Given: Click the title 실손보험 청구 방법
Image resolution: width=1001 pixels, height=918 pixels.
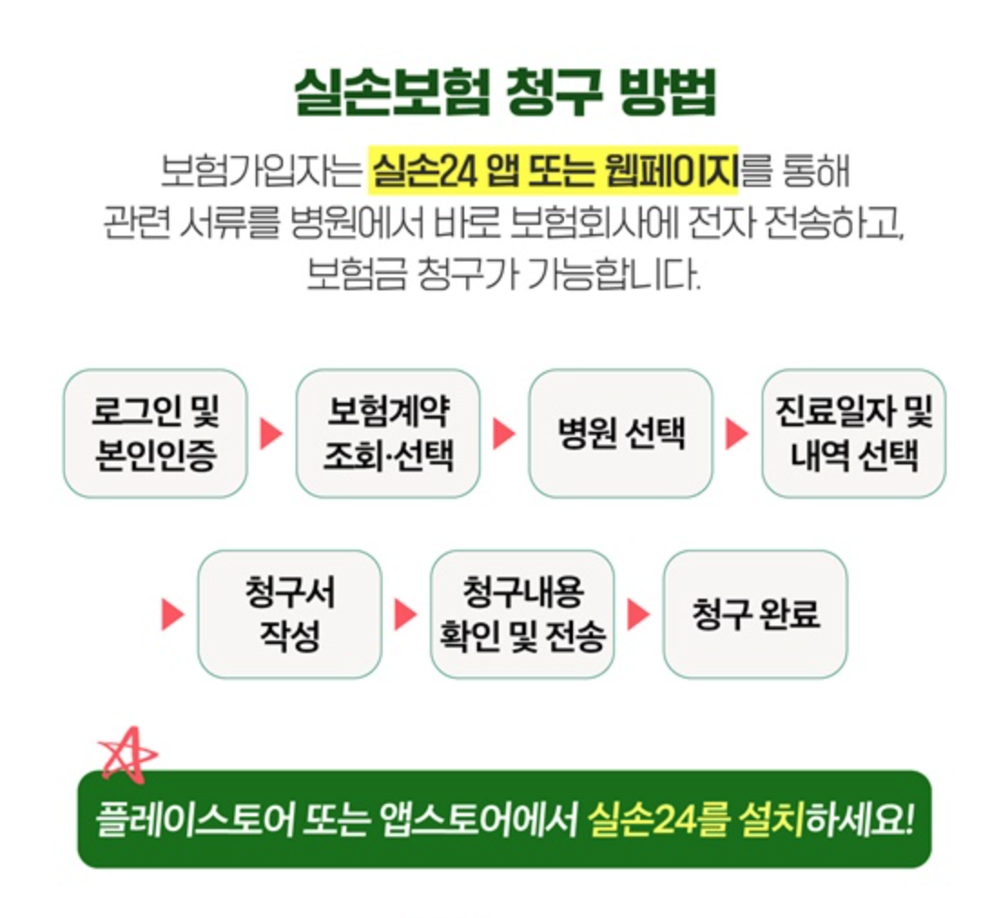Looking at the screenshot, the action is [505, 93].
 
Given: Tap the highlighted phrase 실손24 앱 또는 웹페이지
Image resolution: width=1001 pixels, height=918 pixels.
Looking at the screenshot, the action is [553, 171].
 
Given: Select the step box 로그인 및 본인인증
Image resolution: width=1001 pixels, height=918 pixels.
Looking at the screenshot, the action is [155, 434].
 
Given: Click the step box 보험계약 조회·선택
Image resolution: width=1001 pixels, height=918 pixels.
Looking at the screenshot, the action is [388, 434].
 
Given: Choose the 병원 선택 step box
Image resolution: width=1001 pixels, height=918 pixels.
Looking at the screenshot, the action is [621, 434].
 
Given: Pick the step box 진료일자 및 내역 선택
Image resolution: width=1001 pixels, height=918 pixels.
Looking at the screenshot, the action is [853, 434].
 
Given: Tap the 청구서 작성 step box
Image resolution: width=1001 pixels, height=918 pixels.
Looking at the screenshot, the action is [289, 614].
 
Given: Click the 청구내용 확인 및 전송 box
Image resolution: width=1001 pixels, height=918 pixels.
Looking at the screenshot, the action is [522, 614].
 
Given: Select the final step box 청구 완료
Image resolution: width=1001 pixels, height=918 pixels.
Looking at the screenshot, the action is [755, 614].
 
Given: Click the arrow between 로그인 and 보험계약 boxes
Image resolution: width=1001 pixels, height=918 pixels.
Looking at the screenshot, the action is [271, 434].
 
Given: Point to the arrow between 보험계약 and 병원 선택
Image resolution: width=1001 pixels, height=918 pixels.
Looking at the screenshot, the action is [504, 434].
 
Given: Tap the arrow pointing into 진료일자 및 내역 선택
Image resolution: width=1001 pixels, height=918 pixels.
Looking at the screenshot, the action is [736, 434].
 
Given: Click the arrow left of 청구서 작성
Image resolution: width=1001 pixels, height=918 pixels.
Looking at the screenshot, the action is [172, 614].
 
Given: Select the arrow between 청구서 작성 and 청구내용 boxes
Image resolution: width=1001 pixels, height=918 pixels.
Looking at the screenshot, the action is [405, 614].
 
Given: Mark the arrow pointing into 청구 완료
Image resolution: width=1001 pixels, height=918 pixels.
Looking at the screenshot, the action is [638, 614].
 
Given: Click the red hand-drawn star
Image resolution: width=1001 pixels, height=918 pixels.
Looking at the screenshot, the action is [128, 754].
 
